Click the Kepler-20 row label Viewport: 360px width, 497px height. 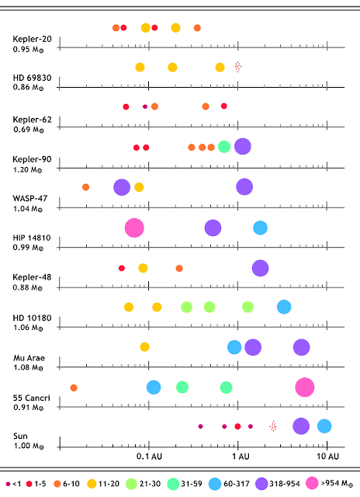(32, 39)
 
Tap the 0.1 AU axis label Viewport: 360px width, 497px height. (149, 457)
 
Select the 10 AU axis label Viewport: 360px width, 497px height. (327, 457)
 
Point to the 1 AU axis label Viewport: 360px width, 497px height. (241, 457)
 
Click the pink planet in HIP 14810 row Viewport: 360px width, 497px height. (134, 228)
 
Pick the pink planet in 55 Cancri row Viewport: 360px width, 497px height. (305, 387)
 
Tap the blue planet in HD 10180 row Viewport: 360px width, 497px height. (284, 307)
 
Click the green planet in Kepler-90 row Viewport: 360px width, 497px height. (224, 147)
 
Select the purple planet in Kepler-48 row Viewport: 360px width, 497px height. (260, 268)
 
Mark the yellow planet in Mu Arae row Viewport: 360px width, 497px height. (144, 347)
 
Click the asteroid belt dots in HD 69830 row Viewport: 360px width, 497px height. (238, 67)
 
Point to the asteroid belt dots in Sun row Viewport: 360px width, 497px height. (273, 426)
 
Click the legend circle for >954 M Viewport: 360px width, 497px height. (312, 483)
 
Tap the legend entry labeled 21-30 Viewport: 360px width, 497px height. (143, 484)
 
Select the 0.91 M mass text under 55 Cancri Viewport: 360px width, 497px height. (28, 407)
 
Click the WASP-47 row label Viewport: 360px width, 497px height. (30, 199)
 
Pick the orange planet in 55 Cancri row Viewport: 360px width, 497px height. (74, 388)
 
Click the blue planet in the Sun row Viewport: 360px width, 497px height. (324, 426)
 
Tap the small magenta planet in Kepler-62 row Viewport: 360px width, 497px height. (145, 106)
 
